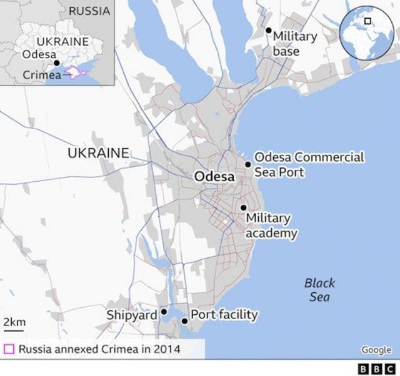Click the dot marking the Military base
(268, 30)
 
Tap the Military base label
(294, 44)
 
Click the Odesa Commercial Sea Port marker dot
(248, 164)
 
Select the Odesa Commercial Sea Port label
(309, 164)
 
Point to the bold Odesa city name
(214, 177)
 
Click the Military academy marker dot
(243, 207)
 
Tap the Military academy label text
(271, 225)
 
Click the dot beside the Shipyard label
(164, 311)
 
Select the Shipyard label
(132, 315)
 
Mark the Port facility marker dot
(184, 321)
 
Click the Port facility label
(224, 314)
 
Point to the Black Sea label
(320, 290)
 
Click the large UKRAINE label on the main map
(98, 152)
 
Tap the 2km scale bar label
(14, 322)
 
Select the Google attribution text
(376, 350)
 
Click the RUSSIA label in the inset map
(89, 11)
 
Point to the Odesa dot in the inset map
(56, 63)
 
